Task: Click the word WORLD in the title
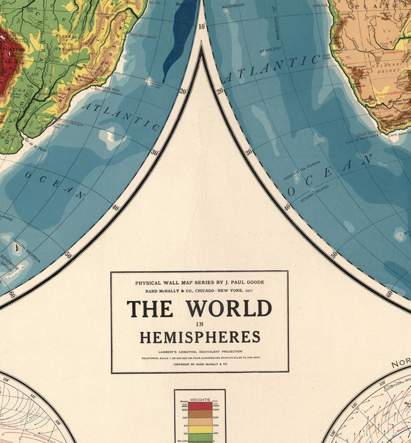tap(229, 308)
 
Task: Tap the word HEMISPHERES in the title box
tap(199, 337)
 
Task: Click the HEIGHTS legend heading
tap(200, 399)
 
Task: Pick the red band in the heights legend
tap(200, 405)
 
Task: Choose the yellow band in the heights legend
tap(200, 429)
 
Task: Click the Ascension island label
tap(233, 7)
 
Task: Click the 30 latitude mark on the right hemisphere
tap(249, 152)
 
